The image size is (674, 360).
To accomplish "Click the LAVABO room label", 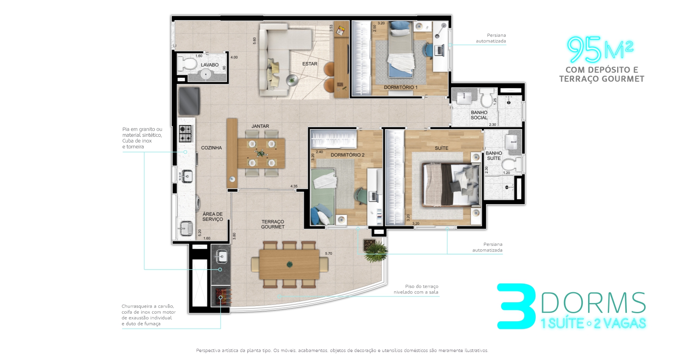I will point(209,65).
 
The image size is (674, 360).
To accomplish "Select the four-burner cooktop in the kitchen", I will point(185,134).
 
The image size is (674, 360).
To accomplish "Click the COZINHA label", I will point(211,148).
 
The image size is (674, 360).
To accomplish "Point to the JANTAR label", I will point(260,126).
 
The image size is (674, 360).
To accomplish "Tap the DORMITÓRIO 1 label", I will point(400,87).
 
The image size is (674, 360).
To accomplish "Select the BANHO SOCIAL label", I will point(479,115).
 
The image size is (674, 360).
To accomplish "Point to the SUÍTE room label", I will point(441,148).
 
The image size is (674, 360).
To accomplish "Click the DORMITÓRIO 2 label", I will point(347,155).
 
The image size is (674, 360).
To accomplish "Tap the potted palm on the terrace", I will point(375,250).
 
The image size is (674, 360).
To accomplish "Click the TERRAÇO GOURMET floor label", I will point(273,224).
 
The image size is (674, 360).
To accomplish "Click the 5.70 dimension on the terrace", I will point(328,253).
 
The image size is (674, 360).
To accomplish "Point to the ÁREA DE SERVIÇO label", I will point(213,217).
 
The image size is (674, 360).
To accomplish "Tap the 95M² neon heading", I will point(600,50).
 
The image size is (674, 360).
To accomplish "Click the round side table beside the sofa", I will point(292,81).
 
